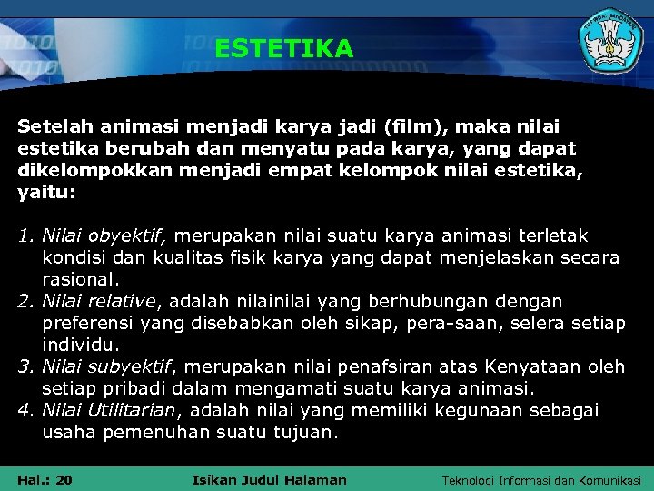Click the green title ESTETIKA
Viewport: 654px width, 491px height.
click(283, 48)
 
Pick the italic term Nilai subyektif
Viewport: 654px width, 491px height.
click(106, 366)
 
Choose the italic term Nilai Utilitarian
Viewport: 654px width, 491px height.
click(112, 410)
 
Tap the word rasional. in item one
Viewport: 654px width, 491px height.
click(81, 279)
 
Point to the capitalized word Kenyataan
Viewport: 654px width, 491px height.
click(533, 366)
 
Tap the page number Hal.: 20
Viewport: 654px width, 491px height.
click(45, 479)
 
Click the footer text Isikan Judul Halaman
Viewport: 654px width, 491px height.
click(271, 479)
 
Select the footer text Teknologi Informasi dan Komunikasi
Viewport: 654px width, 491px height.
click(541, 479)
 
